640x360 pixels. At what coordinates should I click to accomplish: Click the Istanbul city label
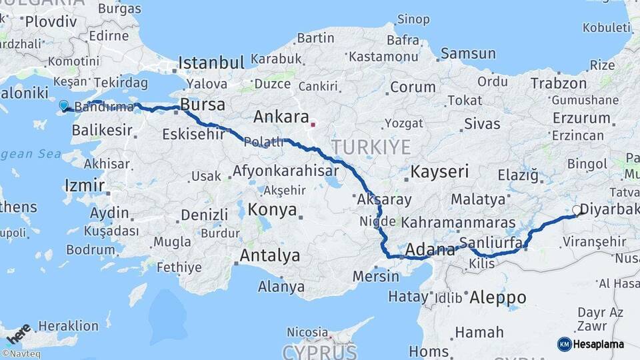tap(211, 63)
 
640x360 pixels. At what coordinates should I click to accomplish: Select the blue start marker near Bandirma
tap(64, 105)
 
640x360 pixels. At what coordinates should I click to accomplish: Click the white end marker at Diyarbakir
tap(577, 209)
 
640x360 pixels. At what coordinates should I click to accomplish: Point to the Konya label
tap(272, 210)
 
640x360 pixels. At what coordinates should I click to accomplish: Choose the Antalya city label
tap(269, 255)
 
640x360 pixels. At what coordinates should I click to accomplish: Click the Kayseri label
tap(439, 171)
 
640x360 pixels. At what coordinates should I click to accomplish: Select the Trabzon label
tap(558, 83)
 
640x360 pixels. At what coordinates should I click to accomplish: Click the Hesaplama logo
tap(591, 344)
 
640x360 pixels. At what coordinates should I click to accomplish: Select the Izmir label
tap(84, 185)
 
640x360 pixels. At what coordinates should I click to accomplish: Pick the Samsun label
tap(468, 53)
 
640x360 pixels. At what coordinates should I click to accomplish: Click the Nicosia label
tap(307, 331)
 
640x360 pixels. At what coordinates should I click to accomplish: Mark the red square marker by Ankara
tap(313, 124)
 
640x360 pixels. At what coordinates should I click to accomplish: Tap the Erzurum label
tap(581, 118)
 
